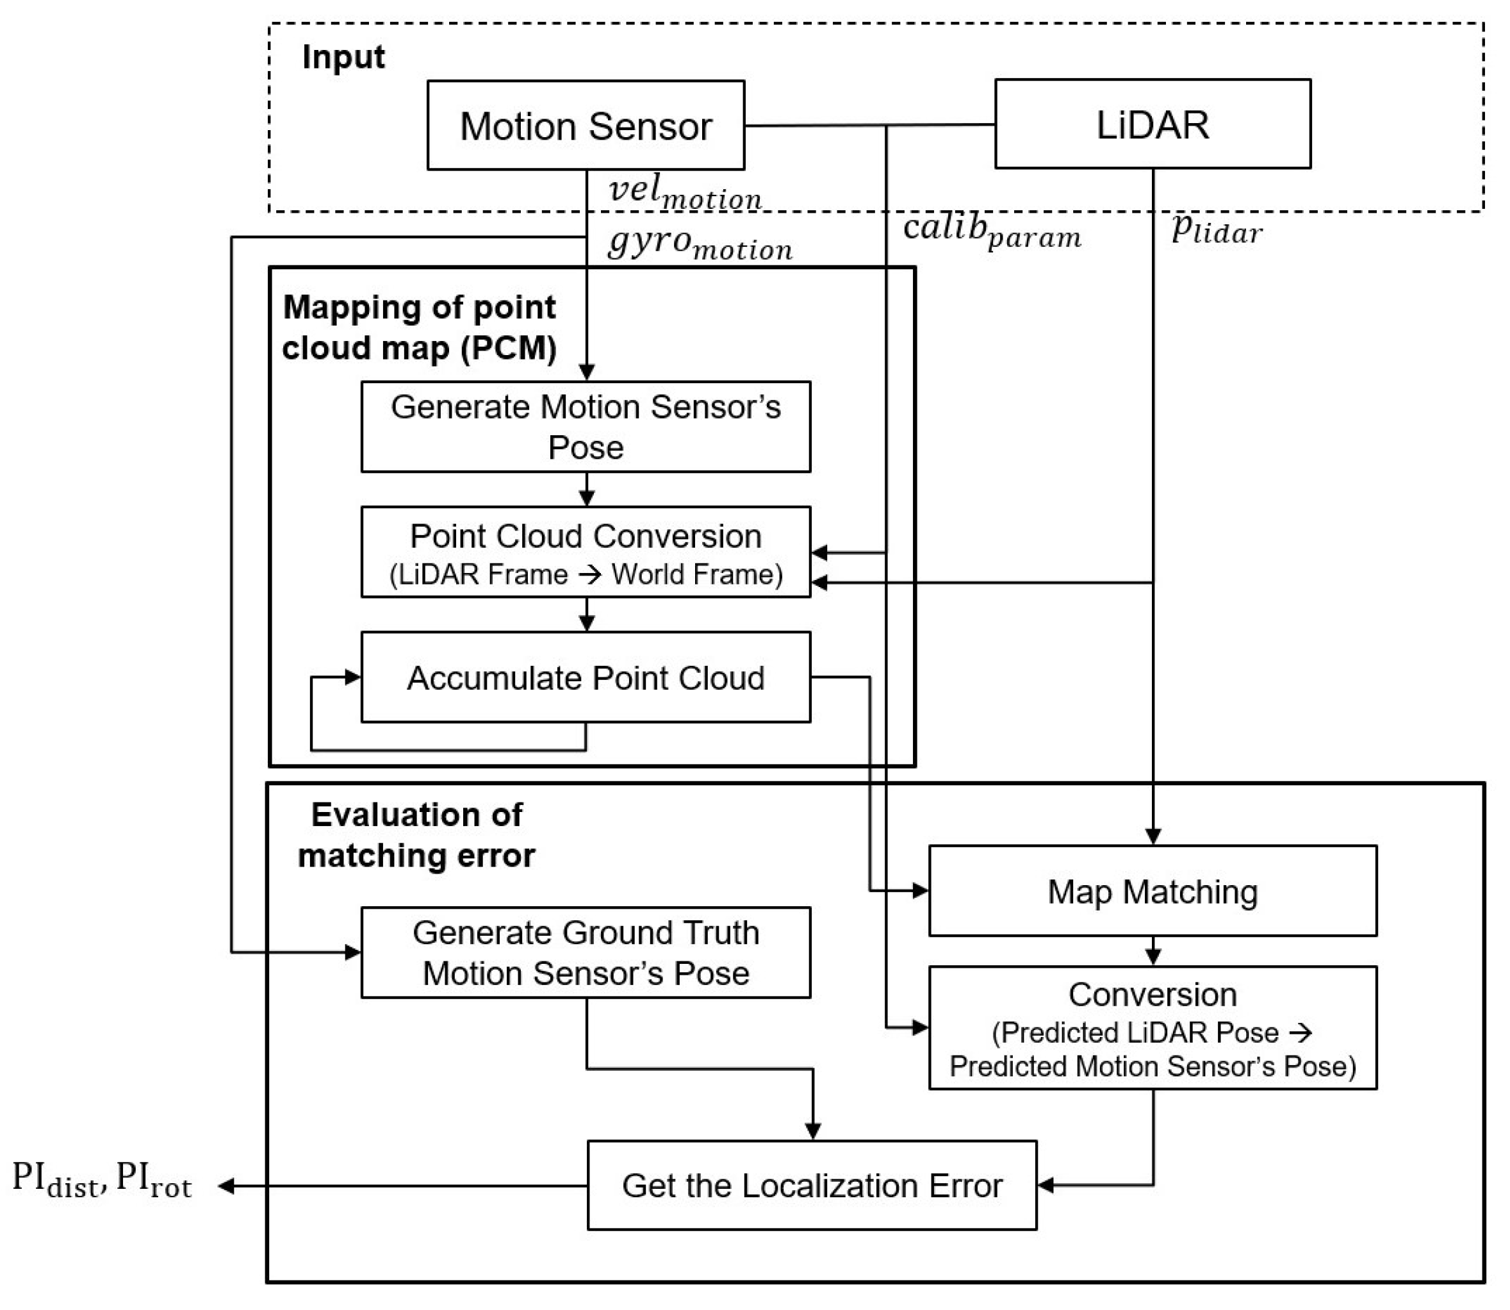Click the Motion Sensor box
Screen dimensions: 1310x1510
tap(586, 126)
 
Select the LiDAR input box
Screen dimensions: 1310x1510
tap(1152, 124)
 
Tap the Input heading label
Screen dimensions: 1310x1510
tap(343, 57)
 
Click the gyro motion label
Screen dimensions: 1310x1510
tap(700, 243)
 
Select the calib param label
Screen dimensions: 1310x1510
tap(991, 230)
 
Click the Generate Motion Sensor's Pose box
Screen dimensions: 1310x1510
tap(586, 426)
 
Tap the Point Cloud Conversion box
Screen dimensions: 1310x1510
tap(586, 552)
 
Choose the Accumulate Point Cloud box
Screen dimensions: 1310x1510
tap(586, 677)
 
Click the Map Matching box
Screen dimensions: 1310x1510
tap(1152, 891)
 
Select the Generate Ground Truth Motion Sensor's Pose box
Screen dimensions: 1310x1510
tap(586, 952)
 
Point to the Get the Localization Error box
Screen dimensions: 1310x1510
tap(811, 1185)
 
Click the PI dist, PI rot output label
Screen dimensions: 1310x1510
tap(103, 1180)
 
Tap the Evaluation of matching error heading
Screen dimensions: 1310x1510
tap(416, 835)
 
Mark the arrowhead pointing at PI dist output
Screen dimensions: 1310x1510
tap(227, 1186)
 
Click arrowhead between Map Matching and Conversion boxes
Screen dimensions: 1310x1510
tap(1153, 956)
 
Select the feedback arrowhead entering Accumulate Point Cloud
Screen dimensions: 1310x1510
tap(353, 677)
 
